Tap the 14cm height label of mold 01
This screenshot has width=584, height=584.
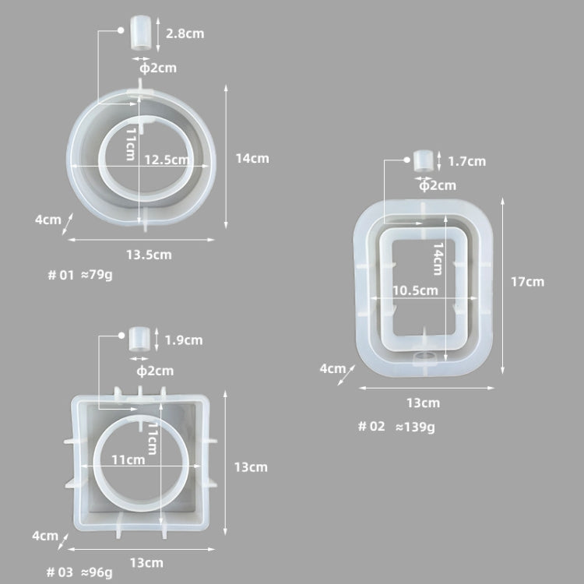coord(252,158)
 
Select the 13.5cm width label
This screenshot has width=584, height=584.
coord(149,254)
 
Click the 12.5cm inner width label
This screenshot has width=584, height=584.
coord(167,160)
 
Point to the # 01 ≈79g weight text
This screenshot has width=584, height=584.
coord(80,275)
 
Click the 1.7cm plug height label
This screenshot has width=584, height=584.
coord(466,162)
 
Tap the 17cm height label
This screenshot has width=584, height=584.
coord(527,282)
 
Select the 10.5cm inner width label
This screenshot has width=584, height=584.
coord(415,290)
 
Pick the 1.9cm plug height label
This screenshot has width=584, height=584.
coord(184,339)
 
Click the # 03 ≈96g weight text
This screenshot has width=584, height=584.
coord(79,572)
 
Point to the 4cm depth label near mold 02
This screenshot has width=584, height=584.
coord(332,368)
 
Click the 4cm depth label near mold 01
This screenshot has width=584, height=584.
coord(48,220)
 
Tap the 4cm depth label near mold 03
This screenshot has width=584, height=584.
coord(44,536)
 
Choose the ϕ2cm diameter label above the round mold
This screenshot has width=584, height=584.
coord(157,68)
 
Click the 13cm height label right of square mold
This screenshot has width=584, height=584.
coord(251,467)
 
